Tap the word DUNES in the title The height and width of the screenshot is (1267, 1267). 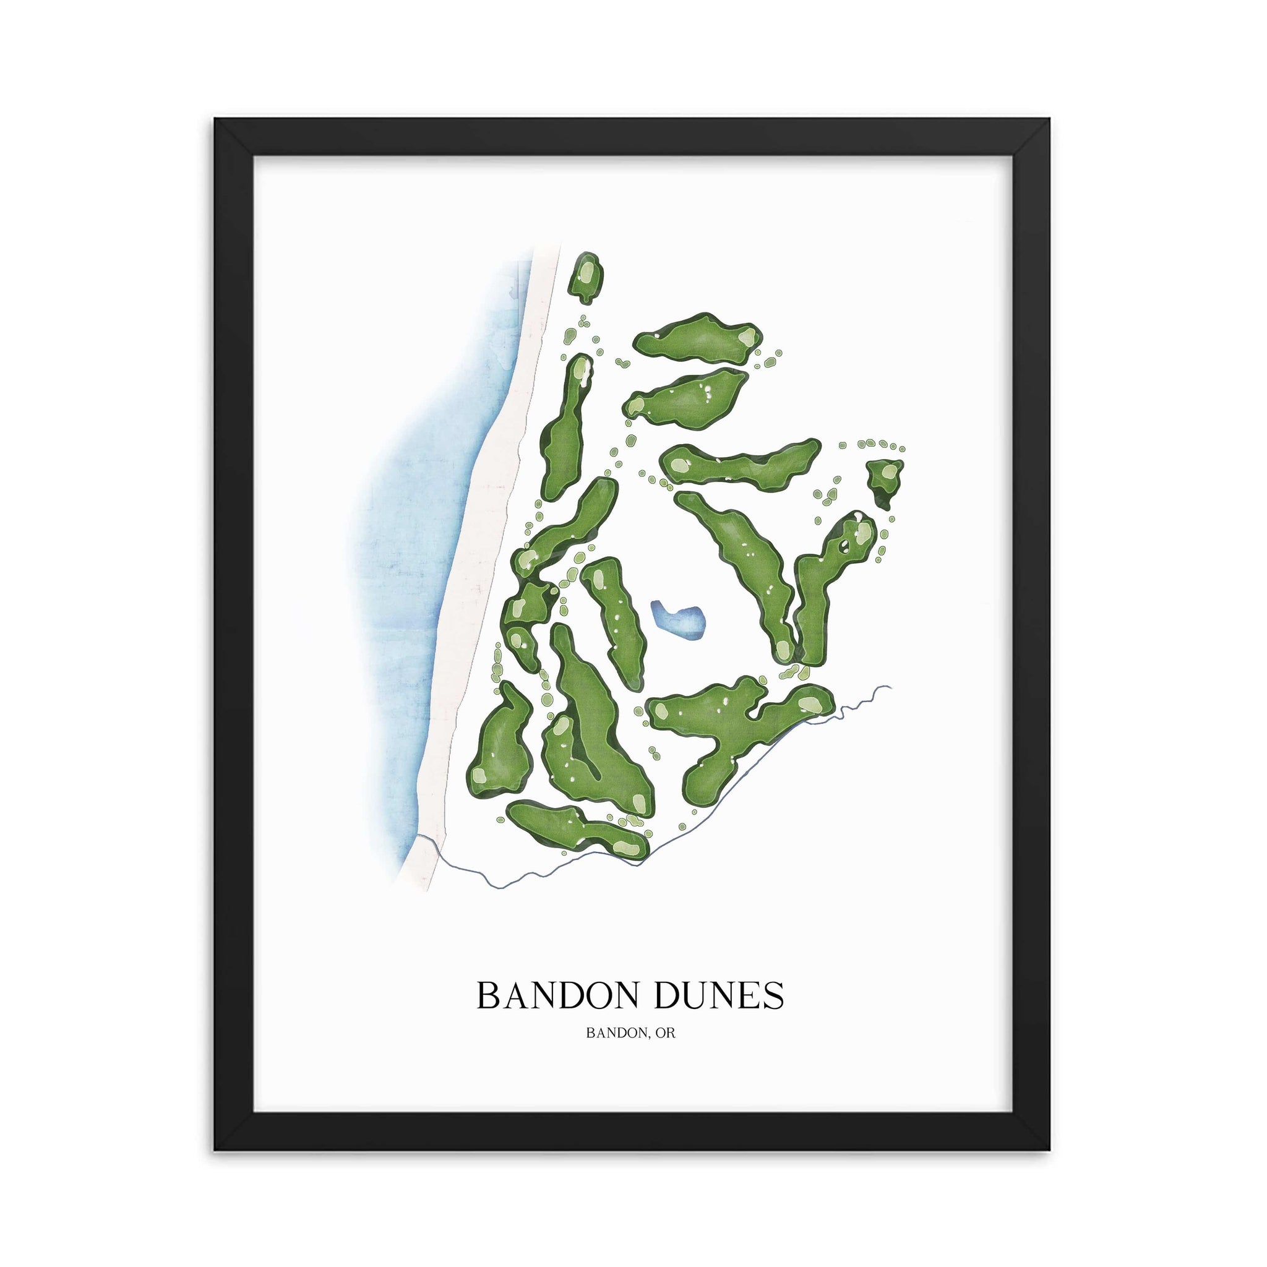point(720,995)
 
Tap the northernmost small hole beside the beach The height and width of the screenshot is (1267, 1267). point(586,277)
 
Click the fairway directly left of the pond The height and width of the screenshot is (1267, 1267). point(613,616)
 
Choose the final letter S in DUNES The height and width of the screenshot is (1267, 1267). point(774,995)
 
